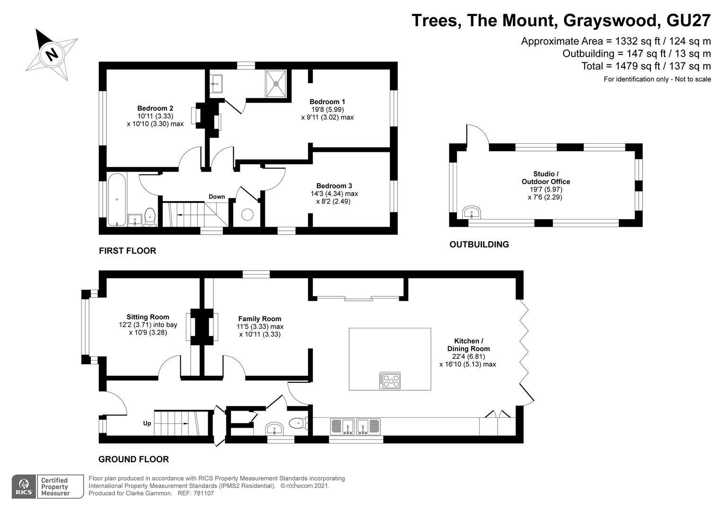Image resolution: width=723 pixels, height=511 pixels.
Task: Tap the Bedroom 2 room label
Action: tap(155, 108)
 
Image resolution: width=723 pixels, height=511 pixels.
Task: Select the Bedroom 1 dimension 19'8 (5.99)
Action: tap(327, 109)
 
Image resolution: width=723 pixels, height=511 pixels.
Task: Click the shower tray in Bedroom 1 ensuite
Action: tap(276, 84)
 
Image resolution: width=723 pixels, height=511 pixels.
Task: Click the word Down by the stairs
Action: tap(217, 196)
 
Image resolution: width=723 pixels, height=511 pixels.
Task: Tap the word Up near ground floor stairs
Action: tap(147, 423)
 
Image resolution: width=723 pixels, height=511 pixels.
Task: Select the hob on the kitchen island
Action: tap(390, 381)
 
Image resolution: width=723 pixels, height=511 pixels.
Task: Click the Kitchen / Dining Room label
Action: tap(468, 345)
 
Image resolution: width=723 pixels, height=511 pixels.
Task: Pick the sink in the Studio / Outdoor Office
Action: tap(472, 213)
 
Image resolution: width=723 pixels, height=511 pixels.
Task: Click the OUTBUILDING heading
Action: tap(479, 244)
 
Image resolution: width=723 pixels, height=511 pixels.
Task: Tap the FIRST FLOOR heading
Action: tap(127, 251)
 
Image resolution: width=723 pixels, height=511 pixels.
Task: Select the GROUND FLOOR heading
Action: tap(133, 459)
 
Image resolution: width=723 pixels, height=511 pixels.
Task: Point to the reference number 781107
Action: tap(203, 493)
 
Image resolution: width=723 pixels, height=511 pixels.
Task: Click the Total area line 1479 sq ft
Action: tap(646, 66)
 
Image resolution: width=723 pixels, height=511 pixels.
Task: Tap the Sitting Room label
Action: tap(148, 317)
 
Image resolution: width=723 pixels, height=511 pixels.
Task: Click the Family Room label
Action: tap(260, 318)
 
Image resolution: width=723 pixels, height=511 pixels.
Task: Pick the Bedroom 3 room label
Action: tap(334, 186)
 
